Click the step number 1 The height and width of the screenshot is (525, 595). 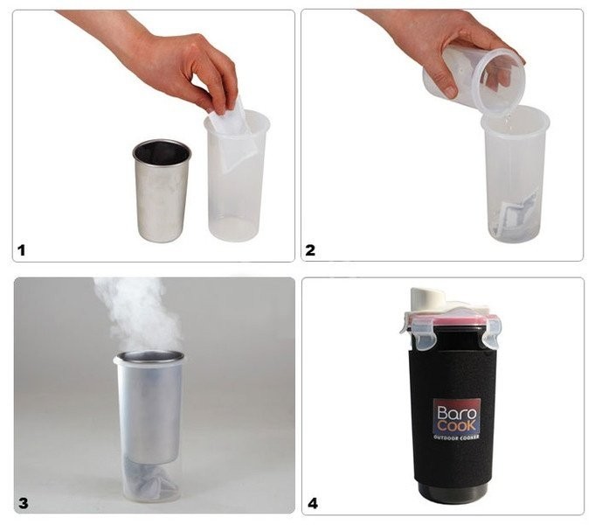pyautogui.click(x=21, y=250)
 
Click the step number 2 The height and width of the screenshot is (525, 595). pyautogui.click(x=310, y=250)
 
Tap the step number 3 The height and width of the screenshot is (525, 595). pyautogui.click(x=23, y=503)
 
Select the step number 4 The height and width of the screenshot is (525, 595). pyautogui.click(x=312, y=503)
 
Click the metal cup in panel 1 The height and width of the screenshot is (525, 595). pyautogui.click(x=162, y=191)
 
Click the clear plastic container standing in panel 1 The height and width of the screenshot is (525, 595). pyautogui.click(x=237, y=177)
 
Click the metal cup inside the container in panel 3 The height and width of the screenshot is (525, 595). pyautogui.click(x=150, y=407)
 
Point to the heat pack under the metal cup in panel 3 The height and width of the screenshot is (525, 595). pyautogui.click(x=151, y=479)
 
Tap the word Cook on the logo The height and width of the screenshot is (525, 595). pyautogui.click(x=456, y=425)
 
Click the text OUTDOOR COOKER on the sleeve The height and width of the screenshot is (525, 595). pyautogui.click(x=456, y=437)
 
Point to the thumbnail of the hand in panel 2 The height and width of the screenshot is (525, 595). pyautogui.click(x=451, y=91)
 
